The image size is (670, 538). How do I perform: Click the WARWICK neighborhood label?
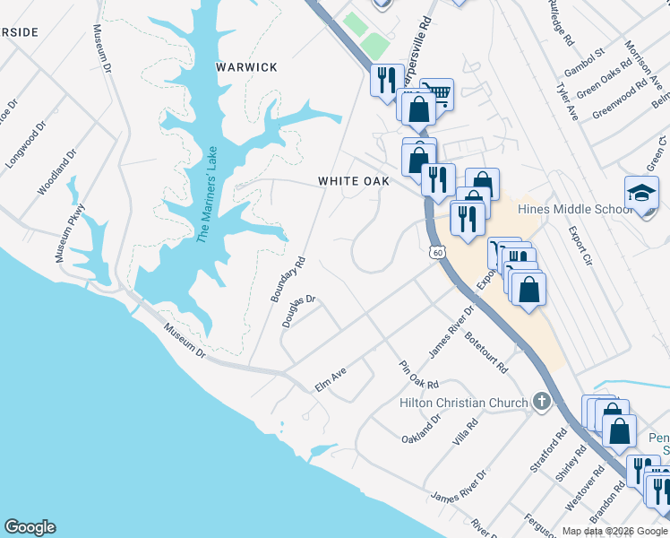pos(247,67)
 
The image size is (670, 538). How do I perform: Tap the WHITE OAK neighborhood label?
pos(355,181)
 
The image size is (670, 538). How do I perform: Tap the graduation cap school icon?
pos(641,194)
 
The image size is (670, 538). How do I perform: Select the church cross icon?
pos(540,403)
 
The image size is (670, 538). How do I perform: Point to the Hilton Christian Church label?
pos(463,403)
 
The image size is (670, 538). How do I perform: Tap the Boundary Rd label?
pos(288,279)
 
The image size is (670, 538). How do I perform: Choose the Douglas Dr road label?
pos(299,310)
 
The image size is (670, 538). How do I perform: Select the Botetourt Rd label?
pos(486,355)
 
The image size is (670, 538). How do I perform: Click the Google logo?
pos(30,527)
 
